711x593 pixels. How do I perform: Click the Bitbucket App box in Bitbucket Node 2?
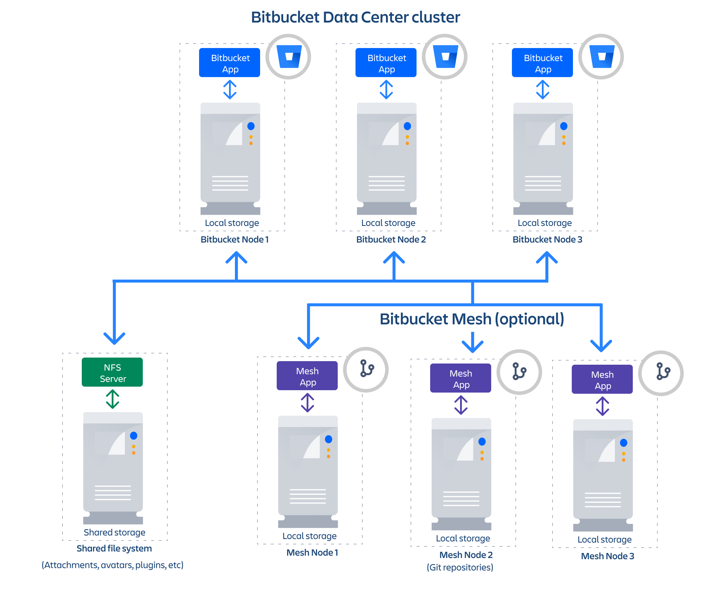pos(386,63)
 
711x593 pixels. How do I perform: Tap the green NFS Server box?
pos(112,372)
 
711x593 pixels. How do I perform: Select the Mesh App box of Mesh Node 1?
pos(307,376)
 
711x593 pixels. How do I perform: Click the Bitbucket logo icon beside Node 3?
pos(602,56)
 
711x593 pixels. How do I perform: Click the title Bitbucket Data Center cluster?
pos(355,17)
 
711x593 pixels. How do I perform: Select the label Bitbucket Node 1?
pos(235,239)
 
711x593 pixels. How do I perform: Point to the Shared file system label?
pos(114,548)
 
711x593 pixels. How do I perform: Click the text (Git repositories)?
pos(460,567)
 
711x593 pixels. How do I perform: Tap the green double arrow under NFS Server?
pos(112,399)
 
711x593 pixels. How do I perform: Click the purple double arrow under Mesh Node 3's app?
pos(603,406)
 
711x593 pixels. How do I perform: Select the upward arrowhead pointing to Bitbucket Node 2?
pos(394,258)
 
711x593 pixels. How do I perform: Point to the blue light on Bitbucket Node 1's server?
pos(251,126)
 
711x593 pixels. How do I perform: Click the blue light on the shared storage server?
pos(134,436)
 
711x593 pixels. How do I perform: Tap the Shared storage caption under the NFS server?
pos(114,532)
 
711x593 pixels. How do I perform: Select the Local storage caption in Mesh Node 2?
pos(463,538)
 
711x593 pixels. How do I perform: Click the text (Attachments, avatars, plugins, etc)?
pos(112,565)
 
